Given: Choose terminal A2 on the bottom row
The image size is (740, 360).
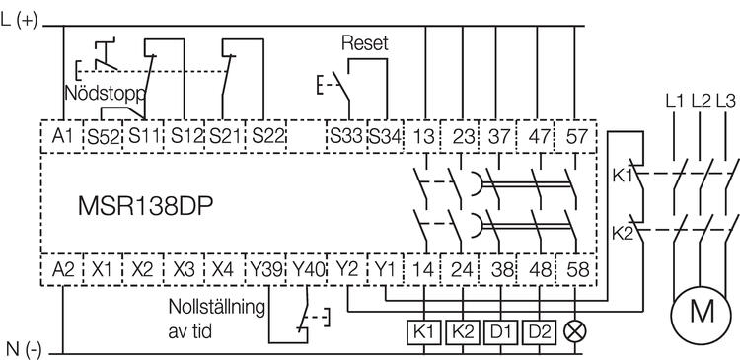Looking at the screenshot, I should click(63, 267).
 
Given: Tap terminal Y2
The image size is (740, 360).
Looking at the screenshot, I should click(346, 267).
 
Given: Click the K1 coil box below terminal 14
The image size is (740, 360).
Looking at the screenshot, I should click(425, 330).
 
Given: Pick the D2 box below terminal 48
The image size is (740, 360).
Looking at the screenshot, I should click(537, 330).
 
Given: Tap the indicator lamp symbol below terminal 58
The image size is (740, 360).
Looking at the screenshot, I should click(573, 330).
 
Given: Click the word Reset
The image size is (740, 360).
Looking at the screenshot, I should click(364, 44).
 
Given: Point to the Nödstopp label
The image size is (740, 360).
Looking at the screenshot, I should click(105, 96).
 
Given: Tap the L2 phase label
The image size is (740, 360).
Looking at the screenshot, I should click(703, 100).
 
